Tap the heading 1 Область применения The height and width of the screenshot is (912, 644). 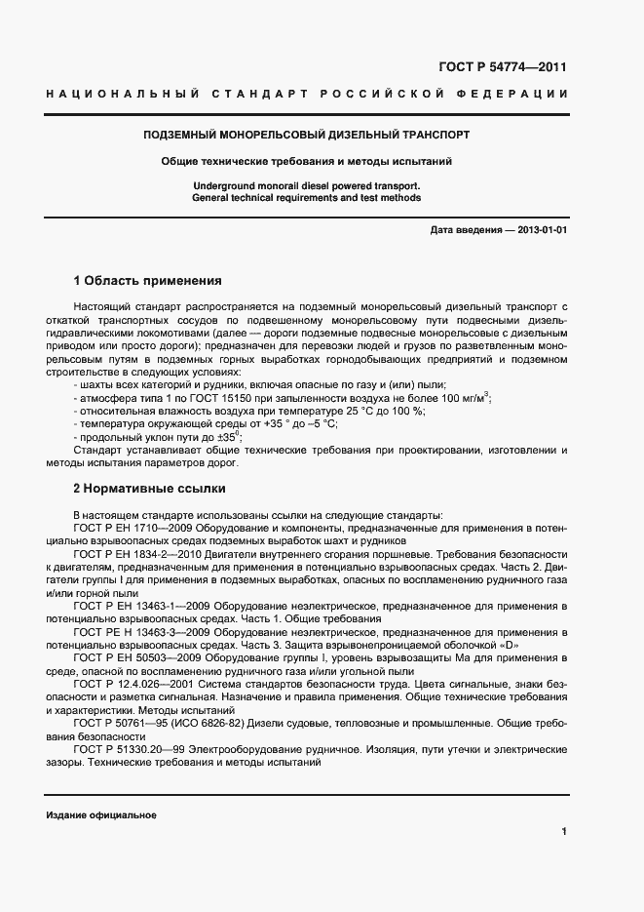coord(148,281)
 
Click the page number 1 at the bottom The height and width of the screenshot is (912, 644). coord(564,831)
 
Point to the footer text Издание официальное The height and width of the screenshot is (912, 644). coord(101,815)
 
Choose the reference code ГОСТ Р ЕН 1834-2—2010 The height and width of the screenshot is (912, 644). coord(141,553)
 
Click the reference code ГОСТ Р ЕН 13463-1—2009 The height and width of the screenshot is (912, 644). coord(143,605)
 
